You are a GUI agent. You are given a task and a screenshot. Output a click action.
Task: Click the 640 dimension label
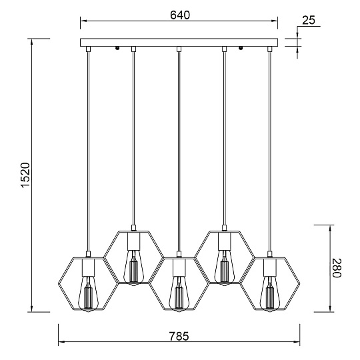(x=180, y=15)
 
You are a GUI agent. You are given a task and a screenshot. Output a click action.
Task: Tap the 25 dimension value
(x=309, y=20)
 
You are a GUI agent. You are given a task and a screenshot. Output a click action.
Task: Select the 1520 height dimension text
(x=25, y=175)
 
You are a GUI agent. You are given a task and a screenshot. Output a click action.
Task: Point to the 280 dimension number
(x=337, y=268)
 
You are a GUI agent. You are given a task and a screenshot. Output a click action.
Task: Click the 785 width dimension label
(x=179, y=336)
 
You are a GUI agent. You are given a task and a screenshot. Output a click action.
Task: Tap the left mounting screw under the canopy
(x=117, y=48)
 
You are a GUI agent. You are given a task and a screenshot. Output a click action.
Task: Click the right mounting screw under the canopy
(x=241, y=48)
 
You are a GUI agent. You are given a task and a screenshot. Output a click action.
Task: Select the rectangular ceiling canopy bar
(x=179, y=43)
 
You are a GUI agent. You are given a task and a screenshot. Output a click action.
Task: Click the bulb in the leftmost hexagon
(x=88, y=293)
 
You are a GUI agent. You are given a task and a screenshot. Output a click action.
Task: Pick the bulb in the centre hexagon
(x=179, y=293)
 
